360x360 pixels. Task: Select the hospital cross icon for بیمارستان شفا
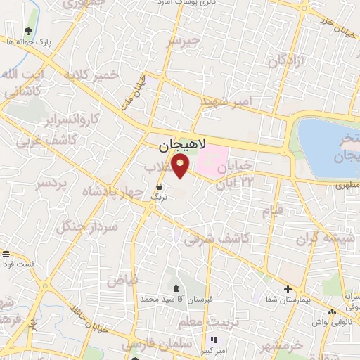pos(287,289)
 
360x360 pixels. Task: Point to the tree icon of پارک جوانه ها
pos(27,32)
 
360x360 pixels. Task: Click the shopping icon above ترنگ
pos(160,187)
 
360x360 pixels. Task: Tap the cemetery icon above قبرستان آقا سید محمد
pos(174,289)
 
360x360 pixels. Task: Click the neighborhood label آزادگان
pos(285,60)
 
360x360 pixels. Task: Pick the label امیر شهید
pos(236,102)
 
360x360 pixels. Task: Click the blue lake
pos(326,148)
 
